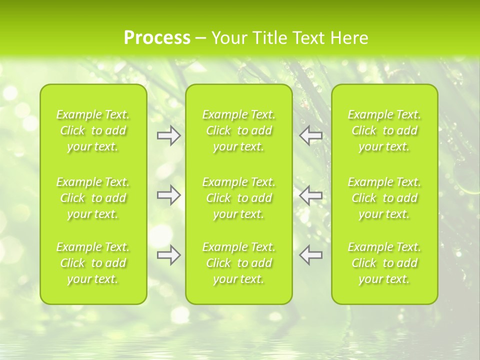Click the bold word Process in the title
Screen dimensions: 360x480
tap(157, 38)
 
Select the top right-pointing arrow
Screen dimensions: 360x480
tap(169, 135)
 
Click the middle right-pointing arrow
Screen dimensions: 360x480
tap(169, 194)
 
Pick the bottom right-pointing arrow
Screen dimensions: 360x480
tap(169, 255)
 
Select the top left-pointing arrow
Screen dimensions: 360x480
tap(311, 135)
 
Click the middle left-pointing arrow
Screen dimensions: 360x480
tap(311, 194)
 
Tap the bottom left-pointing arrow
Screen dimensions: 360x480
tap(311, 255)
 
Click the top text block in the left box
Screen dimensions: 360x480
tap(93, 130)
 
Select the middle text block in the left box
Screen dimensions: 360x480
tap(93, 198)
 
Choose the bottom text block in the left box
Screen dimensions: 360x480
tap(93, 263)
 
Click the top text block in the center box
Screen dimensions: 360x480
tap(239, 130)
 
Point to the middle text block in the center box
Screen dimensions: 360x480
tap(239, 198)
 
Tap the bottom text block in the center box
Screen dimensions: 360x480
tap(239, 263)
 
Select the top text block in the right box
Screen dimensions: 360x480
tap(384, 130)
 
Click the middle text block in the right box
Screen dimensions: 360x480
tap(384, 198)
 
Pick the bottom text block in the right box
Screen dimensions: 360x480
tap(384, 263)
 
